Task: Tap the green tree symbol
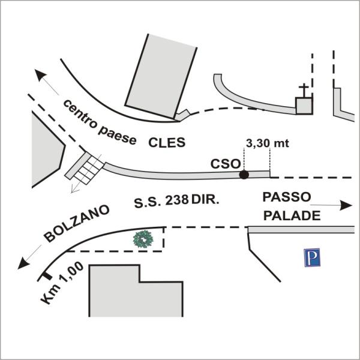[143, 239]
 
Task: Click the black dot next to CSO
[244, 175]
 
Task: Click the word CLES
[167, 143]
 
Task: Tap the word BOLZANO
[77, 224]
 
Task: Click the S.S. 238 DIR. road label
[176, 202]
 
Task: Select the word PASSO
[287, 197]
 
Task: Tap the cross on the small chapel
[304, 92]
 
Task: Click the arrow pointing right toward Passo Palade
[339, 205]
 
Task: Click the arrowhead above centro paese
[40, 75]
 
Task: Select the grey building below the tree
[136, 290]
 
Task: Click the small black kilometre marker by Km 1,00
[44, 276]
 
